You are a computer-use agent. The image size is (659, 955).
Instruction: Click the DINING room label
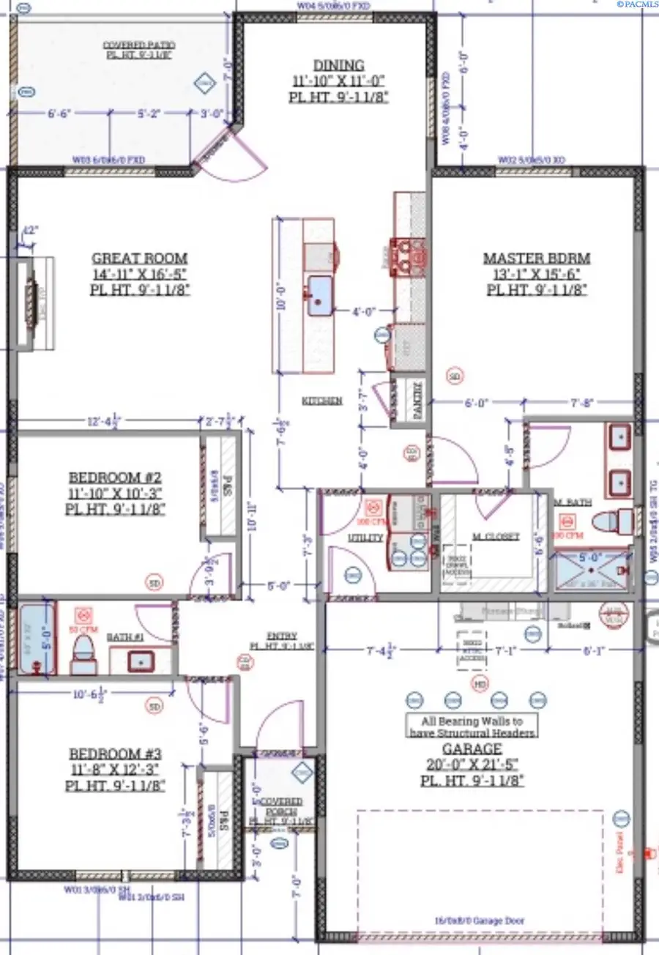[338, 65]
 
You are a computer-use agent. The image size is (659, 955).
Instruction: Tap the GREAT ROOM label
[139, 259]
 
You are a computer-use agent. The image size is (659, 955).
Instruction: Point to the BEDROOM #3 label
[115, 754]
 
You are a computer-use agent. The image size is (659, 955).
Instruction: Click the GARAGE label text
[472, 749]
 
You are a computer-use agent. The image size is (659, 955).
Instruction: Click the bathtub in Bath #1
[37, 639]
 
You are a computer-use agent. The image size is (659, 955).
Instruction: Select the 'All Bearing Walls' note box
[472, 726]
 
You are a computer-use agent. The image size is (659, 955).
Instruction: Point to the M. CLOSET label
[495, 536]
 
